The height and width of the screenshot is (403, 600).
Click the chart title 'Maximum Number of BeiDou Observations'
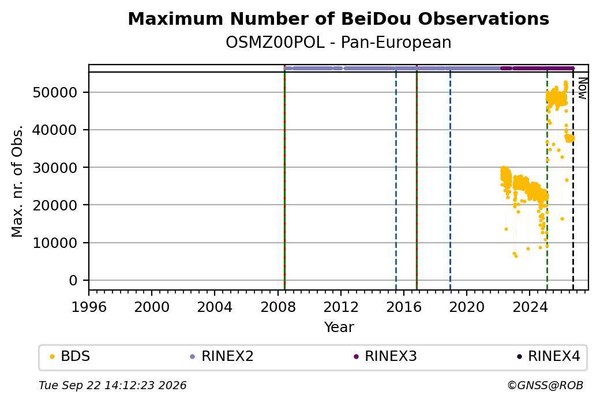(338, 18)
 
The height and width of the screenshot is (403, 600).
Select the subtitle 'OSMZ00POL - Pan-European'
(338, 43)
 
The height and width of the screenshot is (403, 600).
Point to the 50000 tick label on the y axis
(55, 92)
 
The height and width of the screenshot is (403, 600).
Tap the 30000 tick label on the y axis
(55, 168)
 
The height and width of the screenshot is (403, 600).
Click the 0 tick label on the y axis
(73, 281)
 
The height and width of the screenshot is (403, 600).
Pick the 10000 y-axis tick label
(55, 243)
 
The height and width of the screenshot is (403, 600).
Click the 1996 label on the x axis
(89, 307)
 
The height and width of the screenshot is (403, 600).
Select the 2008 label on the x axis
(278, 307)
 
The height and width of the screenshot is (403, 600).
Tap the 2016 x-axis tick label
(404, 307)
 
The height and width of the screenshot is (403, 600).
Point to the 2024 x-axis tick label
(530, 307)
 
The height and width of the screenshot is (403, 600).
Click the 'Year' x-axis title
(339, 327)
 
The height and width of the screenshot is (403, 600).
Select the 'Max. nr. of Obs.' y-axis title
(17, 181)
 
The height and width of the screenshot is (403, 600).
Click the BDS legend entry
(70, 356)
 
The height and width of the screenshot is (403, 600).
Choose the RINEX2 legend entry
(222, 356)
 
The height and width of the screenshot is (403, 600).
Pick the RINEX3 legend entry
(385, 356)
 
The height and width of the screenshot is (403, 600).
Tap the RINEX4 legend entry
(548, 356)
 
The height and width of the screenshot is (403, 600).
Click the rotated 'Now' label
(582, 88)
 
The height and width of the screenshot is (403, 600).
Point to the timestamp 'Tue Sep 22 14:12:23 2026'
(112, 385)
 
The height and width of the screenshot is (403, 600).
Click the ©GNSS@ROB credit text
(545, 385)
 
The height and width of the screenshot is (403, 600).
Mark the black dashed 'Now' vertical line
(573, 181)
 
